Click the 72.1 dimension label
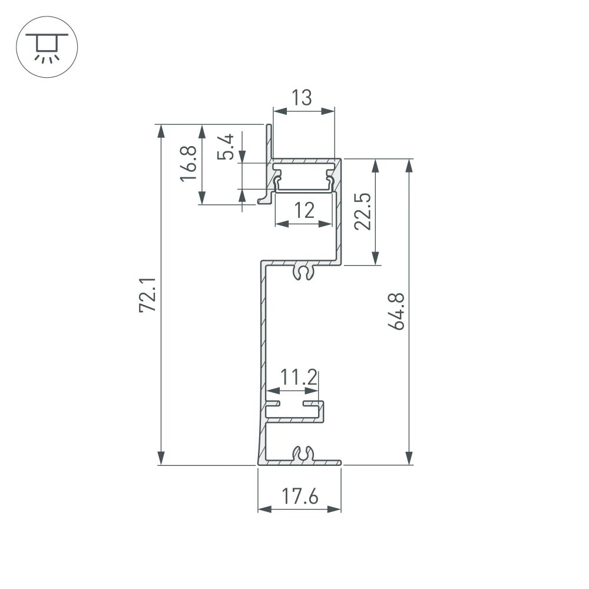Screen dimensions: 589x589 click(x=148, y=294)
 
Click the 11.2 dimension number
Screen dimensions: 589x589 click(x=299, y=376)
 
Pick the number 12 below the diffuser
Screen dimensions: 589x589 click(x=303, y=210)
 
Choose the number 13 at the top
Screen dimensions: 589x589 click(x=302, y=97)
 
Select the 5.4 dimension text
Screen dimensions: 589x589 click(x=226, y=147)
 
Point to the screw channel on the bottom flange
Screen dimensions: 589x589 click(x=302, y=454)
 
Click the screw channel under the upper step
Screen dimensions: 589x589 click(x=303, y=272)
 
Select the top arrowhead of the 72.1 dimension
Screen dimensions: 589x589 click(x=160, y=131)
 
